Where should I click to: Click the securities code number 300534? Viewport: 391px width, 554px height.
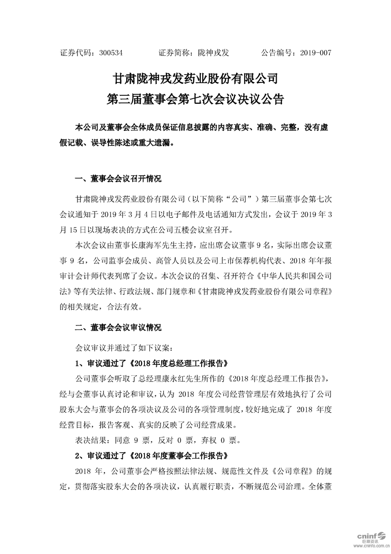(x=111, y=52)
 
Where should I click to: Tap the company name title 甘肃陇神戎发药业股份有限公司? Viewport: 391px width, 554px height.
(x=195, y=79)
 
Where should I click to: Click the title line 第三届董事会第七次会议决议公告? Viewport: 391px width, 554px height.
(x=195, y=99)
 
